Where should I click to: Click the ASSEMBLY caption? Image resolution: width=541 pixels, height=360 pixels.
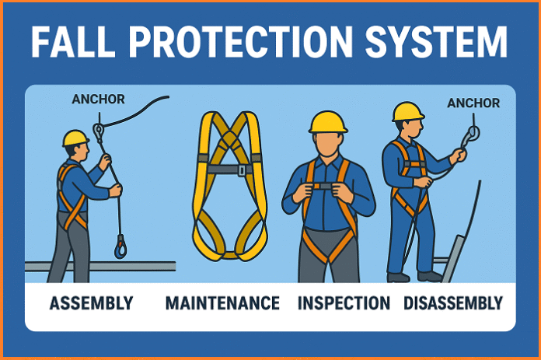pyautogui.click(x=91, y=302)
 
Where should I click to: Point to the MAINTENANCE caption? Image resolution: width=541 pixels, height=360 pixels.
pyautogui.click(x=222, y=302)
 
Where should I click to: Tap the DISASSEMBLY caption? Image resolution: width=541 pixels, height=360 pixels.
pyautogui.click(x=454, y=302)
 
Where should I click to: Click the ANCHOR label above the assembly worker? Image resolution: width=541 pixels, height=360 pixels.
pyautogui.click(x=98, y=99)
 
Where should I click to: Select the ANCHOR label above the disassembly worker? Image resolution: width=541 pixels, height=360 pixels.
pyautogui.click(x=473, y=103)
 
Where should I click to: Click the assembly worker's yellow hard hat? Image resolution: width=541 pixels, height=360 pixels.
pyautogui.click(x=75, y=138)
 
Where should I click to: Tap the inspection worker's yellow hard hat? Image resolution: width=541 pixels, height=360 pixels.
pyautogui.click(x=328, y=122)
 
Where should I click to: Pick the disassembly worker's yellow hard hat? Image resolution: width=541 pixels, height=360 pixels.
pyautogui.click(x=408, y=111)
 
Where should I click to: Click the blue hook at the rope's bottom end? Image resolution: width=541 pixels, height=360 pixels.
pyautogui.click(x=120, y=248)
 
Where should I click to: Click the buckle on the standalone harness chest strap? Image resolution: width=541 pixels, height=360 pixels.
pyautogui.click(x=242, y=170)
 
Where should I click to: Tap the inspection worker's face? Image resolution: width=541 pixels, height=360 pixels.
pyautogui.click(x=328, y=145)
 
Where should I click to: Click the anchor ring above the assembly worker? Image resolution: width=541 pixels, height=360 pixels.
pyautogui.click(x=98, y=131)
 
